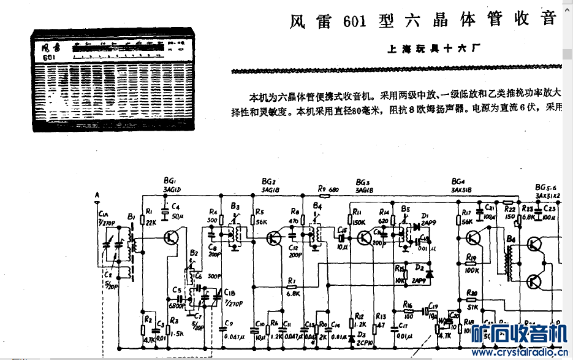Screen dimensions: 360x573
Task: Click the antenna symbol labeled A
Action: pyautogui.click(x=97, y=198)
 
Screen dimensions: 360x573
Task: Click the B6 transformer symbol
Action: pyautogui.click(x=508, y=261)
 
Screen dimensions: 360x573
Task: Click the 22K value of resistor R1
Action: pyautogui.click(x=152, y=221)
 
